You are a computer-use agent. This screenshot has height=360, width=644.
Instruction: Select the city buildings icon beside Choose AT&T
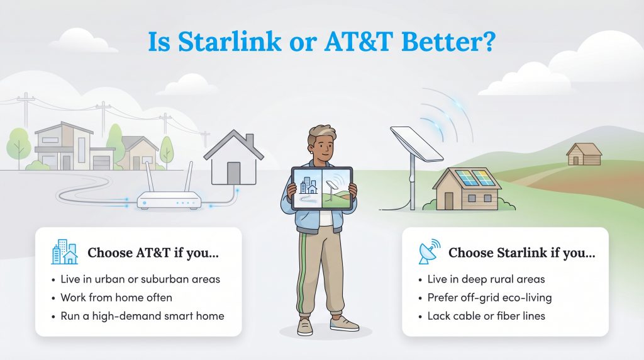[x=64, y=253]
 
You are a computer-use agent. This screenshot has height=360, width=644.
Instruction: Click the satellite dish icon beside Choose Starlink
[x=430, y=252]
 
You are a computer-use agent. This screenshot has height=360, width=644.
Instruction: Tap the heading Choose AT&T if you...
[x=153, y=254]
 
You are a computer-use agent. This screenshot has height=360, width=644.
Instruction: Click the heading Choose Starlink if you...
[x=521, y=254]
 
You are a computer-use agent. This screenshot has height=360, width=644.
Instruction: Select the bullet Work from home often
[x=116, y=297]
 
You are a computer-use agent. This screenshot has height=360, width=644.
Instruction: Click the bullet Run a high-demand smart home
[x=142, y=315]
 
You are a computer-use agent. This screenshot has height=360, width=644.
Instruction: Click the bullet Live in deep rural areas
[x=481, y=279]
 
